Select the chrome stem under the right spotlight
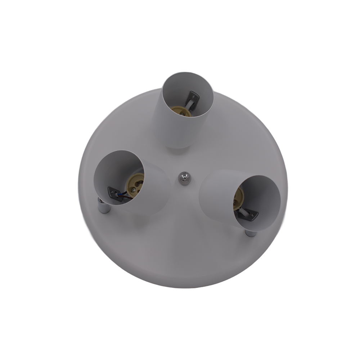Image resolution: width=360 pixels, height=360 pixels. (251, 233)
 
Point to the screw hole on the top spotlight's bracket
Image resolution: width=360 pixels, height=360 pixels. (193, 96)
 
